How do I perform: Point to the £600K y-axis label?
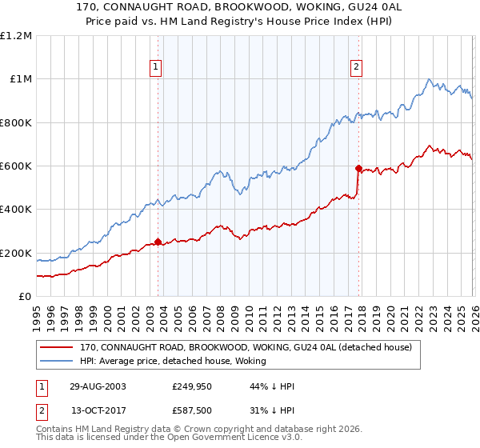[16, 166]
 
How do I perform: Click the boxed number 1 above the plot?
[155, 67]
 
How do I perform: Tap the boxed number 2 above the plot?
[356, 67]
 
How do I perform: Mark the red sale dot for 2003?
[158, 242]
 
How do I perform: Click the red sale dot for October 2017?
[358, 168]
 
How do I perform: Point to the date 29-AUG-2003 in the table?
[92, 386]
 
